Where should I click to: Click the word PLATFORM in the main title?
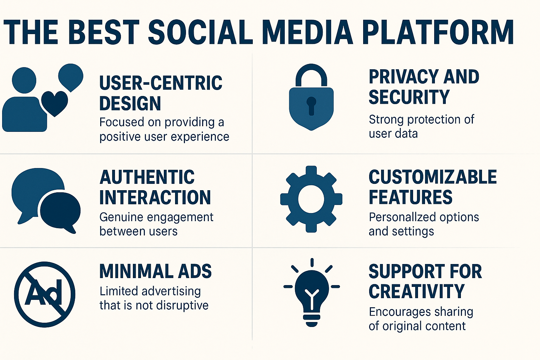[x=438, y=32]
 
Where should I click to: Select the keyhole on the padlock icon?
[x=311, y=105]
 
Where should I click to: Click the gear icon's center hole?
[x=311, y=199]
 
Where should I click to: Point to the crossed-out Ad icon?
[x=45, y=294]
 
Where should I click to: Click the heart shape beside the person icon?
[x=54, y=103]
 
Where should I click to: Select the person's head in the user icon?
[x=24, y=80]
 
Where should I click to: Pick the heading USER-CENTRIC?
[x=161, y=83]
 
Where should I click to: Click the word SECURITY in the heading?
[x=409, y=97]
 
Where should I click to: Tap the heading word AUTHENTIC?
[x=147, y=177]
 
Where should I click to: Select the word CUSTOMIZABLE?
[x=432, y=177]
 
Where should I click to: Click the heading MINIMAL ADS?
[x=155, y=271]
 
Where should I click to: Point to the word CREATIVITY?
[x=417, y=291]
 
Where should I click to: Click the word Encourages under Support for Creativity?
[x=394, y=312]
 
